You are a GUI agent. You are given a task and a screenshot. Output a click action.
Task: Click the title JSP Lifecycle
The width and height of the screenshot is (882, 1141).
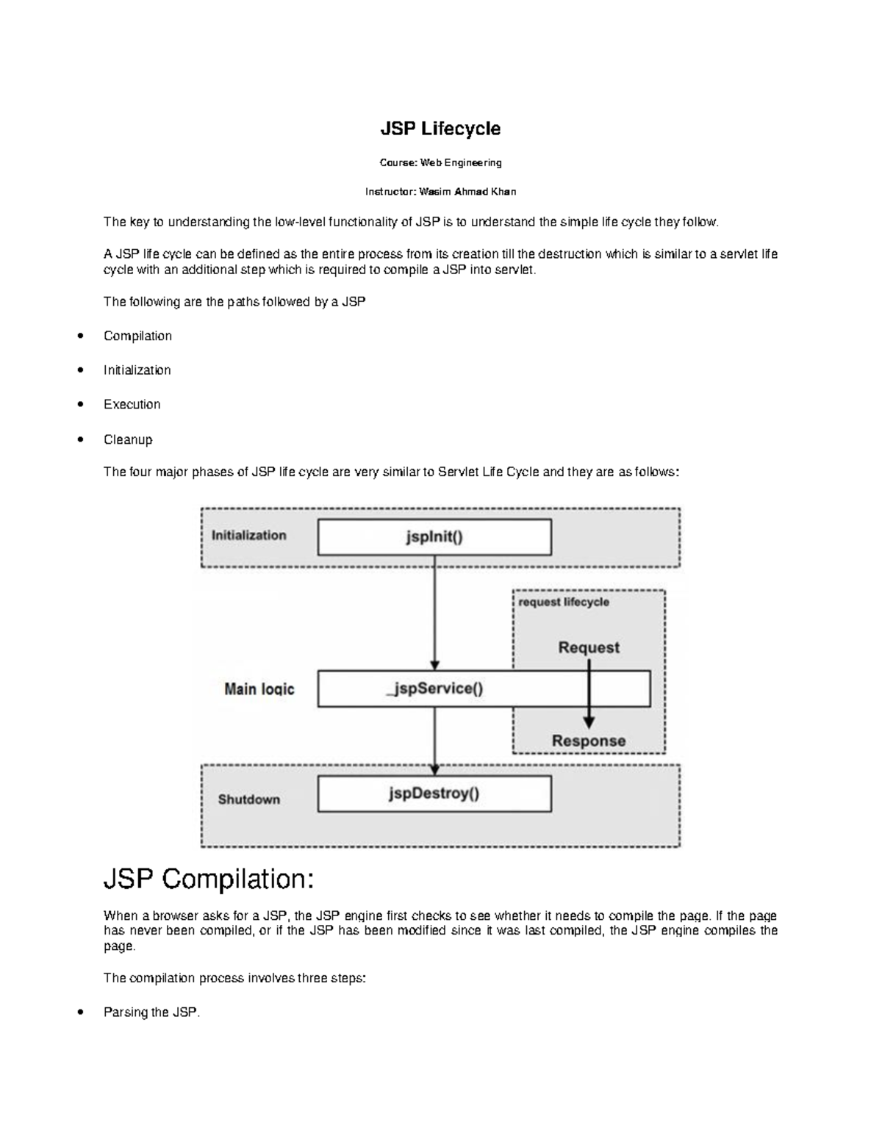pos(440,129)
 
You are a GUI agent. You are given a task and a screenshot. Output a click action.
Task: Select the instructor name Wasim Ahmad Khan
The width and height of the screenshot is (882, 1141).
pos(467,192)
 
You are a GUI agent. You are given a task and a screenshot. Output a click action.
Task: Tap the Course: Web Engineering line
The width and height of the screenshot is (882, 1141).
pos(440,162)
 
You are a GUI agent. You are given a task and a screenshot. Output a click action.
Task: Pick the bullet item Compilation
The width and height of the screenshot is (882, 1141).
pos(137,336)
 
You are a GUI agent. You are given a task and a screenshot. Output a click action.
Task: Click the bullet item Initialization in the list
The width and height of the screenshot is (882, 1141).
pos(137,370)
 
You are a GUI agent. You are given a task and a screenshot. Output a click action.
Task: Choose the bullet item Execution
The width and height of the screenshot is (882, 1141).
pos(132,404)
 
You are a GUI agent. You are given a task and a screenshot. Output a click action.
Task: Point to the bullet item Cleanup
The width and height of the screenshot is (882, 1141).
pos(128,439)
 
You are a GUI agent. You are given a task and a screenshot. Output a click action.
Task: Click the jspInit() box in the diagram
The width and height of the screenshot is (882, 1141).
pos(434,537)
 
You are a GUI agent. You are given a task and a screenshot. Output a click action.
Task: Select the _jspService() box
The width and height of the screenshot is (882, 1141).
pos(434,688)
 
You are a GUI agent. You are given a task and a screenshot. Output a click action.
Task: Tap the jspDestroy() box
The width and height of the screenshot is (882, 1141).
pos(434,794)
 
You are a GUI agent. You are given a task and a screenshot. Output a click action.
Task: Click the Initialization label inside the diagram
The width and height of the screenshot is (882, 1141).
pos(248,536)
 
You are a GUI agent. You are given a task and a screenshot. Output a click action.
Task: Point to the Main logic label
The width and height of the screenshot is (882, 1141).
pos(259,689)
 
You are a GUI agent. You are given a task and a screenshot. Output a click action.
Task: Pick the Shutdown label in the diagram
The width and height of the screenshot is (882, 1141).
pos(248,799)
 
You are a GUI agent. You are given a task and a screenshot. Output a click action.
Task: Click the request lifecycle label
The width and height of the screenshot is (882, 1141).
pos(564,602)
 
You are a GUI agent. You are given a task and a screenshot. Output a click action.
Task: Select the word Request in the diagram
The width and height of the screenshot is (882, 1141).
pos(588,647)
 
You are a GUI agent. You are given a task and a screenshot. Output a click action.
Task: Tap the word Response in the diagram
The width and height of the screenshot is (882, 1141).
pos(588,741)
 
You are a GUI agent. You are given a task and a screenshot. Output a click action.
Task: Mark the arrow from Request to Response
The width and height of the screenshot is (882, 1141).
pos(589,698)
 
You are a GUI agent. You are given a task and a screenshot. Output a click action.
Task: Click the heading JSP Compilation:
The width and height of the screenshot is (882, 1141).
pos(209,879)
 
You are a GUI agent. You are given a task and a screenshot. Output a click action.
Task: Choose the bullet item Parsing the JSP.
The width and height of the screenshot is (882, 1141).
pos(151,1012)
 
